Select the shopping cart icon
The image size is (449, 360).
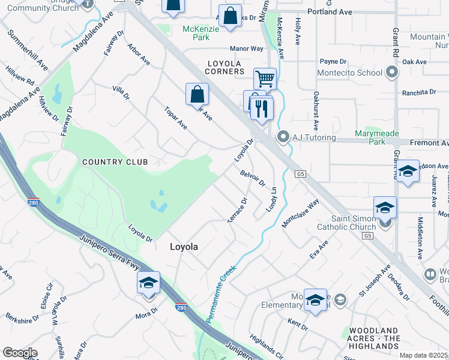click(265, 78)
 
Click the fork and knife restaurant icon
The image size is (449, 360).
click(262, 109)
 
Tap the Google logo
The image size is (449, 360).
click(20, 352)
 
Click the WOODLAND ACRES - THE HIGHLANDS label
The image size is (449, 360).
click(373, 338)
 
